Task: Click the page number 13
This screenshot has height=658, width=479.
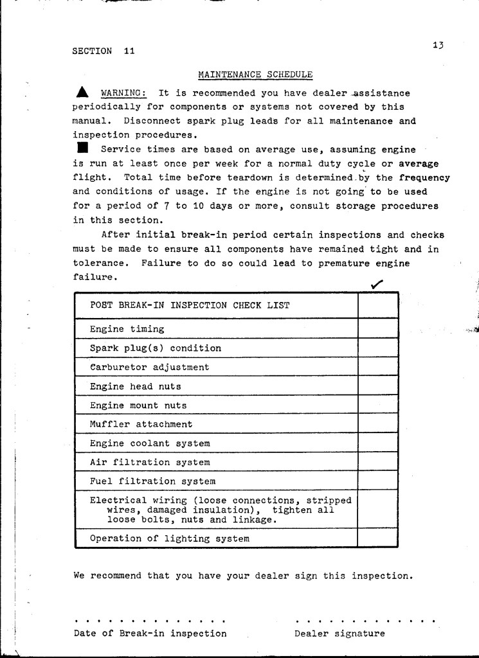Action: point(439,46)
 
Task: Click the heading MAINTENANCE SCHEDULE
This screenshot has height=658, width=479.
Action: point(255,75)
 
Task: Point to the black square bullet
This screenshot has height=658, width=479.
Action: point(81,149)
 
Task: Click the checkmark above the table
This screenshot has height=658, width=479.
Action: point(377,283)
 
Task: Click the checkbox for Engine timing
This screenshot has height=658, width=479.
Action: point(378,329)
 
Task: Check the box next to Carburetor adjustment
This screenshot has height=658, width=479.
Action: point(378,368)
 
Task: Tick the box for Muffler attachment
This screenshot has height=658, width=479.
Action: point(378,424)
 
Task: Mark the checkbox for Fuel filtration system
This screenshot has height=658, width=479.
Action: point(378,481)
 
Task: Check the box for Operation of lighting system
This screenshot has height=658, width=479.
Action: point(378,538)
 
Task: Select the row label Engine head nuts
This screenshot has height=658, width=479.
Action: point(136,387)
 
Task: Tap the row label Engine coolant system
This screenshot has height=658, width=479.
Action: point(150,443)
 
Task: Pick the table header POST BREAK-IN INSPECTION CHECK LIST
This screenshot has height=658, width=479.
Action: point(189,305)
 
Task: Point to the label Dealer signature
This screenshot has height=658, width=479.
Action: point(339,634)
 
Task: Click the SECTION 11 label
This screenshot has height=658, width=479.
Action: point(104,51)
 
